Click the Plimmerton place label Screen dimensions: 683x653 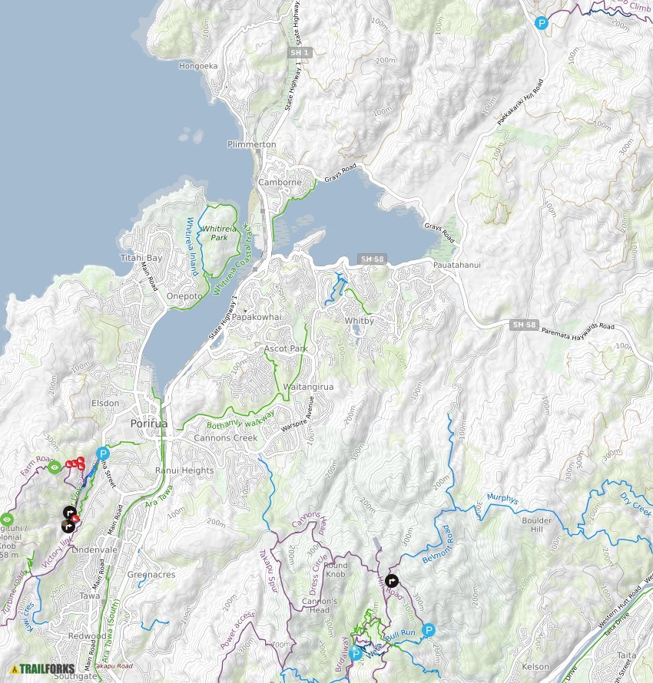point(251,144)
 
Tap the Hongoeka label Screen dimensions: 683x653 point(198,67)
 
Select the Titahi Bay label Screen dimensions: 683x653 point(141,258)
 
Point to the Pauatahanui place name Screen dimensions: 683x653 point(456,266)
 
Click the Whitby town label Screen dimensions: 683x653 point(359,321)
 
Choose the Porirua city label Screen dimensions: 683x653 point(148,424)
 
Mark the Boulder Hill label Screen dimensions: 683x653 point(537,525)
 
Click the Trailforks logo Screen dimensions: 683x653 point(42,668)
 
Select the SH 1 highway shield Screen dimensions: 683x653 point(305,52)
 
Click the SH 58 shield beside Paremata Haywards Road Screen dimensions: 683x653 point(520,325)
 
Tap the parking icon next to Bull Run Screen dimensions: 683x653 point(429,630)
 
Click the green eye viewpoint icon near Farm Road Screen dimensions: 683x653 point(54,467)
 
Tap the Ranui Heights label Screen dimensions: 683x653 point(184,470)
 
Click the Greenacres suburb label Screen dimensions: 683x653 point(151,574)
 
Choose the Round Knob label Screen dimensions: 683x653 point(335,570)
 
